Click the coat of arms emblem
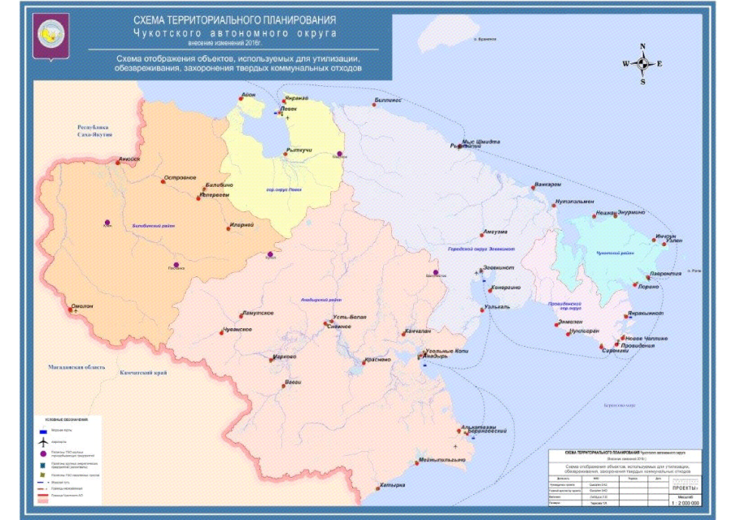(x=50, y=37)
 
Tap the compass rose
(x=642, y=63)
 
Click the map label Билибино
(x=220, y=186)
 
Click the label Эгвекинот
(x=499, y=267)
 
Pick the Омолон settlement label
(x=83, y=306)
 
